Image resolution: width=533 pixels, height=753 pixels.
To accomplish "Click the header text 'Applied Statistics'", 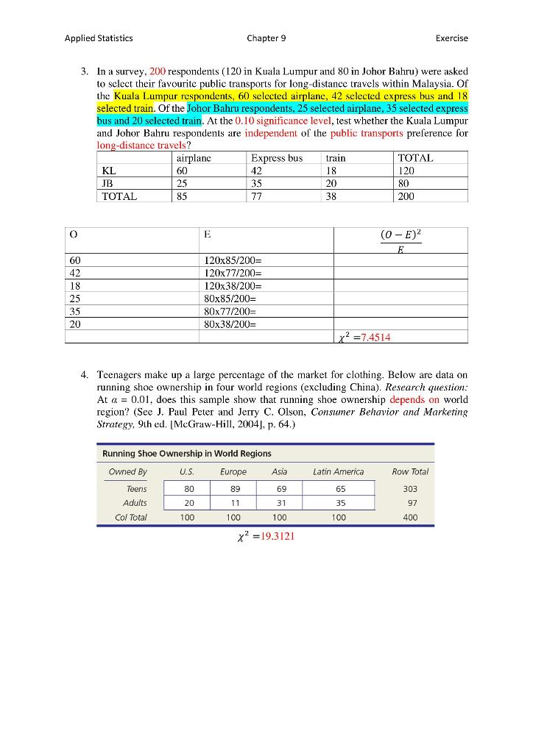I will click(x=99, y=38).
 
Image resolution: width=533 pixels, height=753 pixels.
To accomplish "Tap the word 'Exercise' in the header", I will click(x=451, y=38).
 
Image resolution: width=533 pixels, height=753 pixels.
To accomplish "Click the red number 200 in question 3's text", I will click(x=158, y=71).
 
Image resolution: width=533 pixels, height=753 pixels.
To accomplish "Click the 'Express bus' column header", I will click(x=277, y=158).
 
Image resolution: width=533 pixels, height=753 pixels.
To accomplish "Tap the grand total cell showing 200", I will click(x=406, y=196).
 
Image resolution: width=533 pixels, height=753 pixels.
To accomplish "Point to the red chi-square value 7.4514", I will click(x=372, y=338).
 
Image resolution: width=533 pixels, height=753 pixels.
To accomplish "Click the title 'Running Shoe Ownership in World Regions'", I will click(x=186, y=453).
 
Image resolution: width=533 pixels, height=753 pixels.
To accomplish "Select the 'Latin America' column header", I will click(x=338, y=471).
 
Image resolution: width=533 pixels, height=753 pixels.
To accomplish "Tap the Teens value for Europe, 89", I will click(x=233, y=488).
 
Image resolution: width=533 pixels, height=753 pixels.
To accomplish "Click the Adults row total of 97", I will click(x=410, y=503).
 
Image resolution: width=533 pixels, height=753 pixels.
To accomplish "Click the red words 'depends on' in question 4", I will click(x=414, y=399).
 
